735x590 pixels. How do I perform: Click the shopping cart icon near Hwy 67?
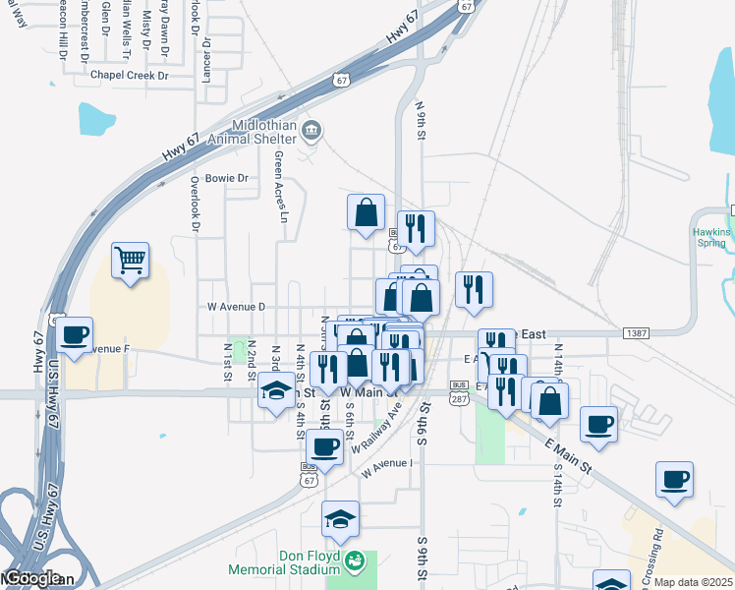click(x=130, y=261)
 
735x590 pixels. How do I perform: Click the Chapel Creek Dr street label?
click(x=130, y=75)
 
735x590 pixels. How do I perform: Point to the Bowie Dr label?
click(x=226, y=179)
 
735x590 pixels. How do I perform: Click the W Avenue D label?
click(x=236, y=307)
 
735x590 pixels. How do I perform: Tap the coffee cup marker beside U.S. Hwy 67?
click(x=74, y=334)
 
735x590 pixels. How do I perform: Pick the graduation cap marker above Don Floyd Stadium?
click(x=341, y=518)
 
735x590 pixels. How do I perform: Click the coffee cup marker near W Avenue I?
click(x=324, y=446)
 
